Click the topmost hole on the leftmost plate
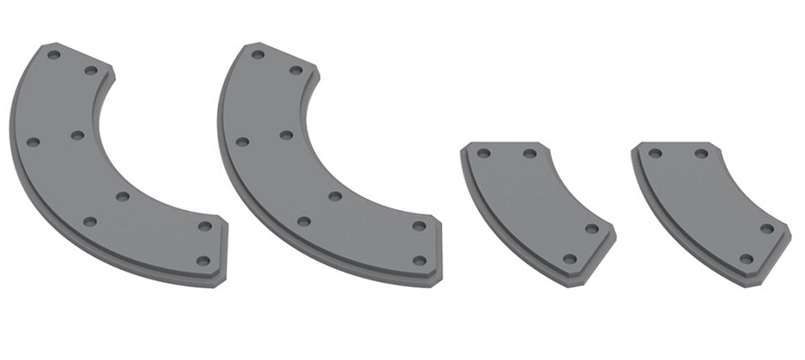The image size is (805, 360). click(54, 55)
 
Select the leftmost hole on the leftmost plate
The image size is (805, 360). click(33, 142)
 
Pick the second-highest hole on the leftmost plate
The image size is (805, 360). click(91, 71)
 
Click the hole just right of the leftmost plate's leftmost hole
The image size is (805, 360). click(78, 134)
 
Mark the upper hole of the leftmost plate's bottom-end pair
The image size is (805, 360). click(204, 226)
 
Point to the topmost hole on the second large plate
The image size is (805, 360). click(258, 55)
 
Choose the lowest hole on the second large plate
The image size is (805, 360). click(419, 260)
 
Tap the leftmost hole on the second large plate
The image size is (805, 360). click(242, 142)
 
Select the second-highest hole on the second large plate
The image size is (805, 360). click(296, 71)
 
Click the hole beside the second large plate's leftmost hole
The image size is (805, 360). click(287, 134)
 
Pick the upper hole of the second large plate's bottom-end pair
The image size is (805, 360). click(419, 226)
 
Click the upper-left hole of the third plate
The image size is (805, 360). click(483, 153)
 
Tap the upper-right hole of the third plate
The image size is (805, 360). click(530, 153)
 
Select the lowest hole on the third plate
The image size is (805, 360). click(570, 259)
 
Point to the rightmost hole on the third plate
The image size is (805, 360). click(592, 229)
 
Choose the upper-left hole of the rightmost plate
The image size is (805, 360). click(655, 153)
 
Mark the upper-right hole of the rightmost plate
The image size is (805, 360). click(702, 153)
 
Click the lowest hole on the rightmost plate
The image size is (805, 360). click(745, 259)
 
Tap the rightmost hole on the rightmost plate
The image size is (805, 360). click(767, 229)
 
